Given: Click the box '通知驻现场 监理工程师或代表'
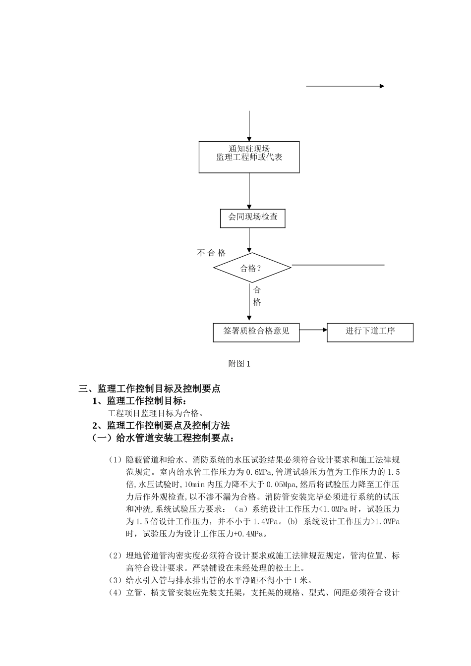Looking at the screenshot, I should (x=249, y=157).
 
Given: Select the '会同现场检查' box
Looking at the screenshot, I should (x=252, y=218).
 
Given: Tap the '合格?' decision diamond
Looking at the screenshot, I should (x=252, y=268).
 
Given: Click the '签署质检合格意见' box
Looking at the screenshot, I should (x=256, y=332).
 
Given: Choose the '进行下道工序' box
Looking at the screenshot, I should (x=370, y=332).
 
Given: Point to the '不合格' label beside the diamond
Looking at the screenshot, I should (x=211, y=253).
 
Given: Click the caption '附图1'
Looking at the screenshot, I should (x=239, y=364).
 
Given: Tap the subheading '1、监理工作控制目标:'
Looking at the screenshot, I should (x=140, y=401).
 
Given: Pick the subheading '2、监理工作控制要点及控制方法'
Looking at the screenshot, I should (x=161, y=425).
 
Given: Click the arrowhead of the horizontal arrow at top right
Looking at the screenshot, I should (x=382, y=86).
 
